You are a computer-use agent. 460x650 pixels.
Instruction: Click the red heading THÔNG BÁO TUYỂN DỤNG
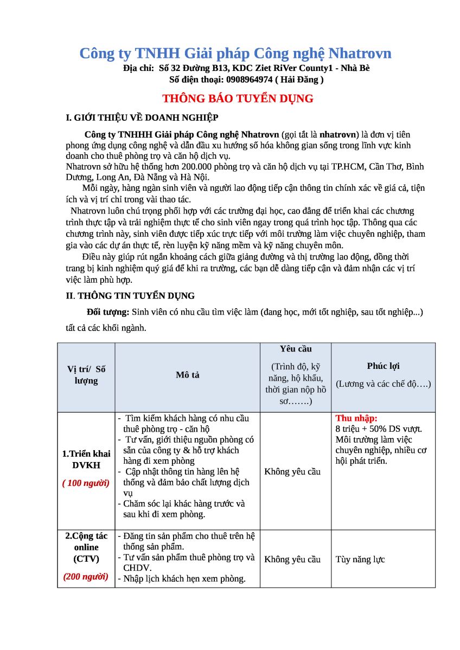tap(238, 99)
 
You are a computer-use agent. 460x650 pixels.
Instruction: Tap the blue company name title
tap(235, 53)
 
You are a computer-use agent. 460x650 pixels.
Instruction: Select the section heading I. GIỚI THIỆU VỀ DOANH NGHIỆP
tap(142, 118)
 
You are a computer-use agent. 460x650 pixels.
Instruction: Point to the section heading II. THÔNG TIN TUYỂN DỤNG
tap(130, 296)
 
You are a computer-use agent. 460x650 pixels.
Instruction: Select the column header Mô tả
tap(187, 375)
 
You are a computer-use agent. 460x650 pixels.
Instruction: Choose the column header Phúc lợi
tap(383, 366)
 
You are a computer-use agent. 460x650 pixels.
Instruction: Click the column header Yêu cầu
tap(296, 349)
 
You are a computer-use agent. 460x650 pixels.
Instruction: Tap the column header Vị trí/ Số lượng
tap(86, 375)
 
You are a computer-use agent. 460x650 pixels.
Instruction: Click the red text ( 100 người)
tap(86, 483)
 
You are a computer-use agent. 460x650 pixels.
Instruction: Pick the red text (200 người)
tap(86, 576)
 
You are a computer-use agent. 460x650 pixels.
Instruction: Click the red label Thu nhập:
tap(356, 418)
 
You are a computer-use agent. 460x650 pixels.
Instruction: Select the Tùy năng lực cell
tap(360, 559)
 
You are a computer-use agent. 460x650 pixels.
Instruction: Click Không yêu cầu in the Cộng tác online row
tap(292, 559)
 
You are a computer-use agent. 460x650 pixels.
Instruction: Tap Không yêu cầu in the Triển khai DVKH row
tap(292, 471)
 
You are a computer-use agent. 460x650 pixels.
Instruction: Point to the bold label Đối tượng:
tap(108, 312)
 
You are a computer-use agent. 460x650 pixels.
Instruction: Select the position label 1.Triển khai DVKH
tap(86, 459)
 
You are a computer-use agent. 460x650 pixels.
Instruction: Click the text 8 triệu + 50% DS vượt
tap(379, 429)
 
